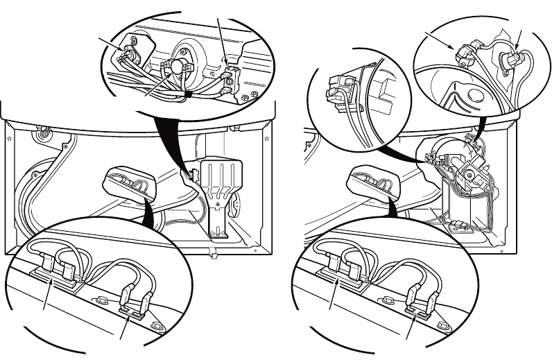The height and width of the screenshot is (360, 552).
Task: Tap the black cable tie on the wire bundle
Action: pos(188,92)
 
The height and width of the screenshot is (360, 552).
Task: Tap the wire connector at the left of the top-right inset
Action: pos(464,54)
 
